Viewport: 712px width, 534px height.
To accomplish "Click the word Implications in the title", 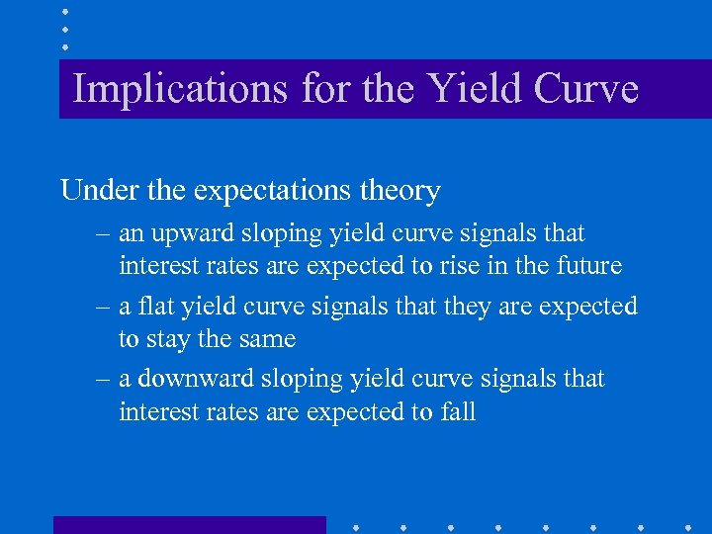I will [x=180, y=89].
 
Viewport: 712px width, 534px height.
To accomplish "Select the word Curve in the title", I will [x=586, y=89].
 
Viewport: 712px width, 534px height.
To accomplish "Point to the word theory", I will [x=400, y=190].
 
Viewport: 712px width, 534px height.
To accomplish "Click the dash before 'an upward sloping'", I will [x=105, y=235].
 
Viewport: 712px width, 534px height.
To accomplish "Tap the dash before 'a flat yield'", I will [x=105, y=308].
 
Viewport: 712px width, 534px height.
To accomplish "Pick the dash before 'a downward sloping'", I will [x=105, y=380].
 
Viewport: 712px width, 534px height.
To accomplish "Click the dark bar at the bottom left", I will [x=189, y=524].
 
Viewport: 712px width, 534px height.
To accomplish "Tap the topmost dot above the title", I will [x=65, y=11].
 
